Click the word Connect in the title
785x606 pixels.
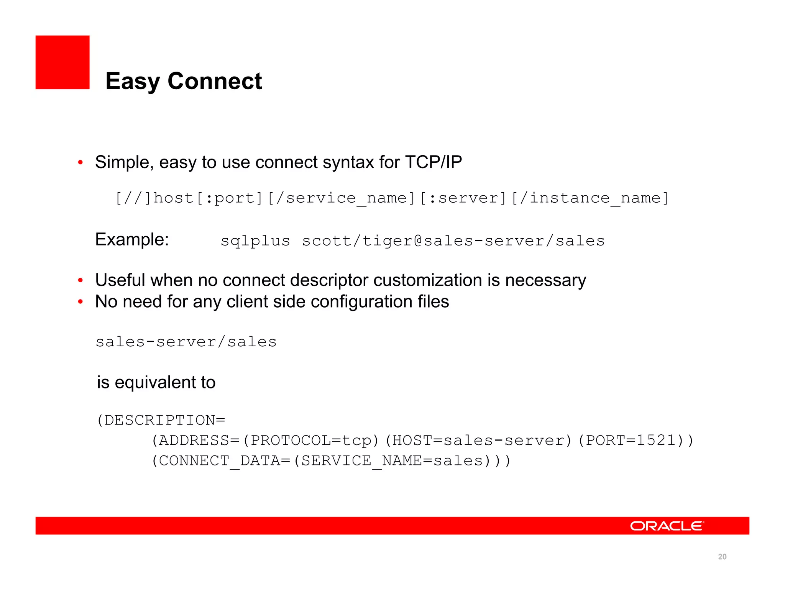215,81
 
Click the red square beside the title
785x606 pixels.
62,62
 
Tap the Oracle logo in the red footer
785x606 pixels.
667,526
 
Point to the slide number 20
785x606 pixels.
722,557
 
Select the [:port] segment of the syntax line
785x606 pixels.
230,198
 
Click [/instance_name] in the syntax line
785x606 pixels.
590,198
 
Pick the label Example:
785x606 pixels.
132,240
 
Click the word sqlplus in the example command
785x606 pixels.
255,241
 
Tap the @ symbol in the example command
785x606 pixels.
418,241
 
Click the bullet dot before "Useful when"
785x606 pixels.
80,280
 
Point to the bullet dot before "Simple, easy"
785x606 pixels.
80,162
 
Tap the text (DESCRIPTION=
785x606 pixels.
161,420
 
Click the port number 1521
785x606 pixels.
656,441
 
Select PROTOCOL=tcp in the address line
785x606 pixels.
311,441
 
